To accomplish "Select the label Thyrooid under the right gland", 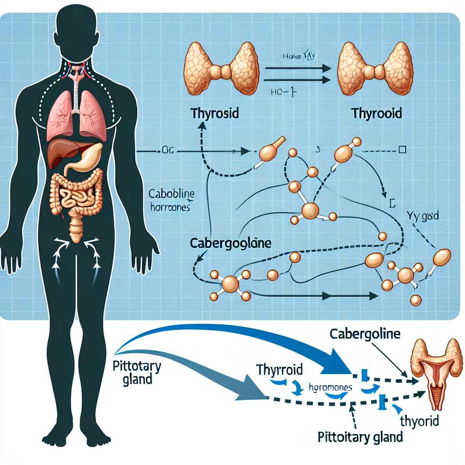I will (x=376, y=113).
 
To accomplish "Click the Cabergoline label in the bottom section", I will (x=364, y=335).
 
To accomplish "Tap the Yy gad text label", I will (x=423, y=217).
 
